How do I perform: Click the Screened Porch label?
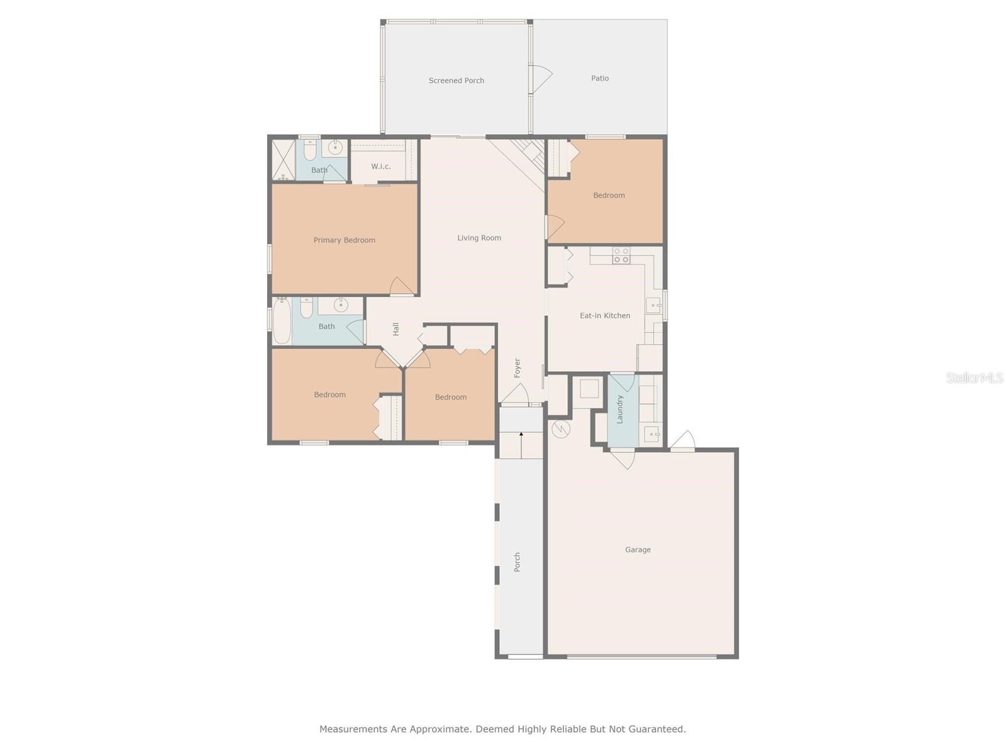click(x=456, y=81)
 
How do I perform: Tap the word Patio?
click(x=599, y=79)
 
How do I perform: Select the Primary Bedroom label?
click(x=344, y=240)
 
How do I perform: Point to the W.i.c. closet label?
click(x=381, y=166)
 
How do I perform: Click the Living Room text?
click(x=479, y=238)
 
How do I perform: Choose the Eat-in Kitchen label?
click(x=605, y=315)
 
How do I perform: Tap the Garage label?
click(x=638, y=550)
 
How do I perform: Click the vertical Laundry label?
click(x=620, y=410)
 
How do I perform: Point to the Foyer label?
click(x=517, y=368)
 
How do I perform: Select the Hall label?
click(x=395, y=329)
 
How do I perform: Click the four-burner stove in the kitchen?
click(x=621, y=255)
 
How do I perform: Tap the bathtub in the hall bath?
click(x=282, y=321)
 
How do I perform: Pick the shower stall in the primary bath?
click(x=284, y=160)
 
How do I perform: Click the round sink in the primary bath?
click(x=335, y=148)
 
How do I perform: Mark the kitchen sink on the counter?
click(x=653, y=305)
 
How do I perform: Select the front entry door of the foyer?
click(x=514, y=394)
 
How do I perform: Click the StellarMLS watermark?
click(x=975, y=377)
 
